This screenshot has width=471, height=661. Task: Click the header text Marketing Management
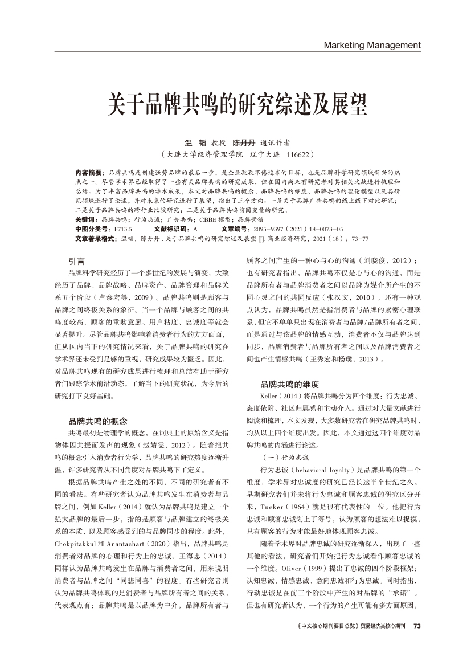pyautogui.click(x=372, y=45)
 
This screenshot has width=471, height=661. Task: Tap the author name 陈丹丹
pyautogui.click(x=243, y=142)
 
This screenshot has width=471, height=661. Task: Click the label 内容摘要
pyautogui.click(x=89, y=172)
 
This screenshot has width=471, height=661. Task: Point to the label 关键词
pyautogui.click(x=85, y=219)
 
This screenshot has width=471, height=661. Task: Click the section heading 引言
pyautogui.click(x=76, y=262)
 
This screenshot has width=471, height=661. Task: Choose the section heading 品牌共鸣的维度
pyautogui.click(x=289, y=384)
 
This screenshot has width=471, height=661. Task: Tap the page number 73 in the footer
pyautogui.click(x=417, y=625)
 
